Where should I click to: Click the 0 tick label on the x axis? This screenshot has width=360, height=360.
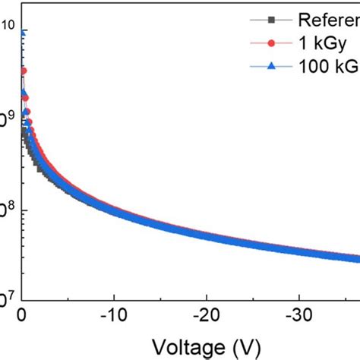pyautogui.click(x=23, y=314)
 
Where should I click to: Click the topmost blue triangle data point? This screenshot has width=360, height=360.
pyautogui.click(x=23, y=32)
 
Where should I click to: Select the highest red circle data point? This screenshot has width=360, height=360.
pyautogui.click(x=24, y=71)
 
